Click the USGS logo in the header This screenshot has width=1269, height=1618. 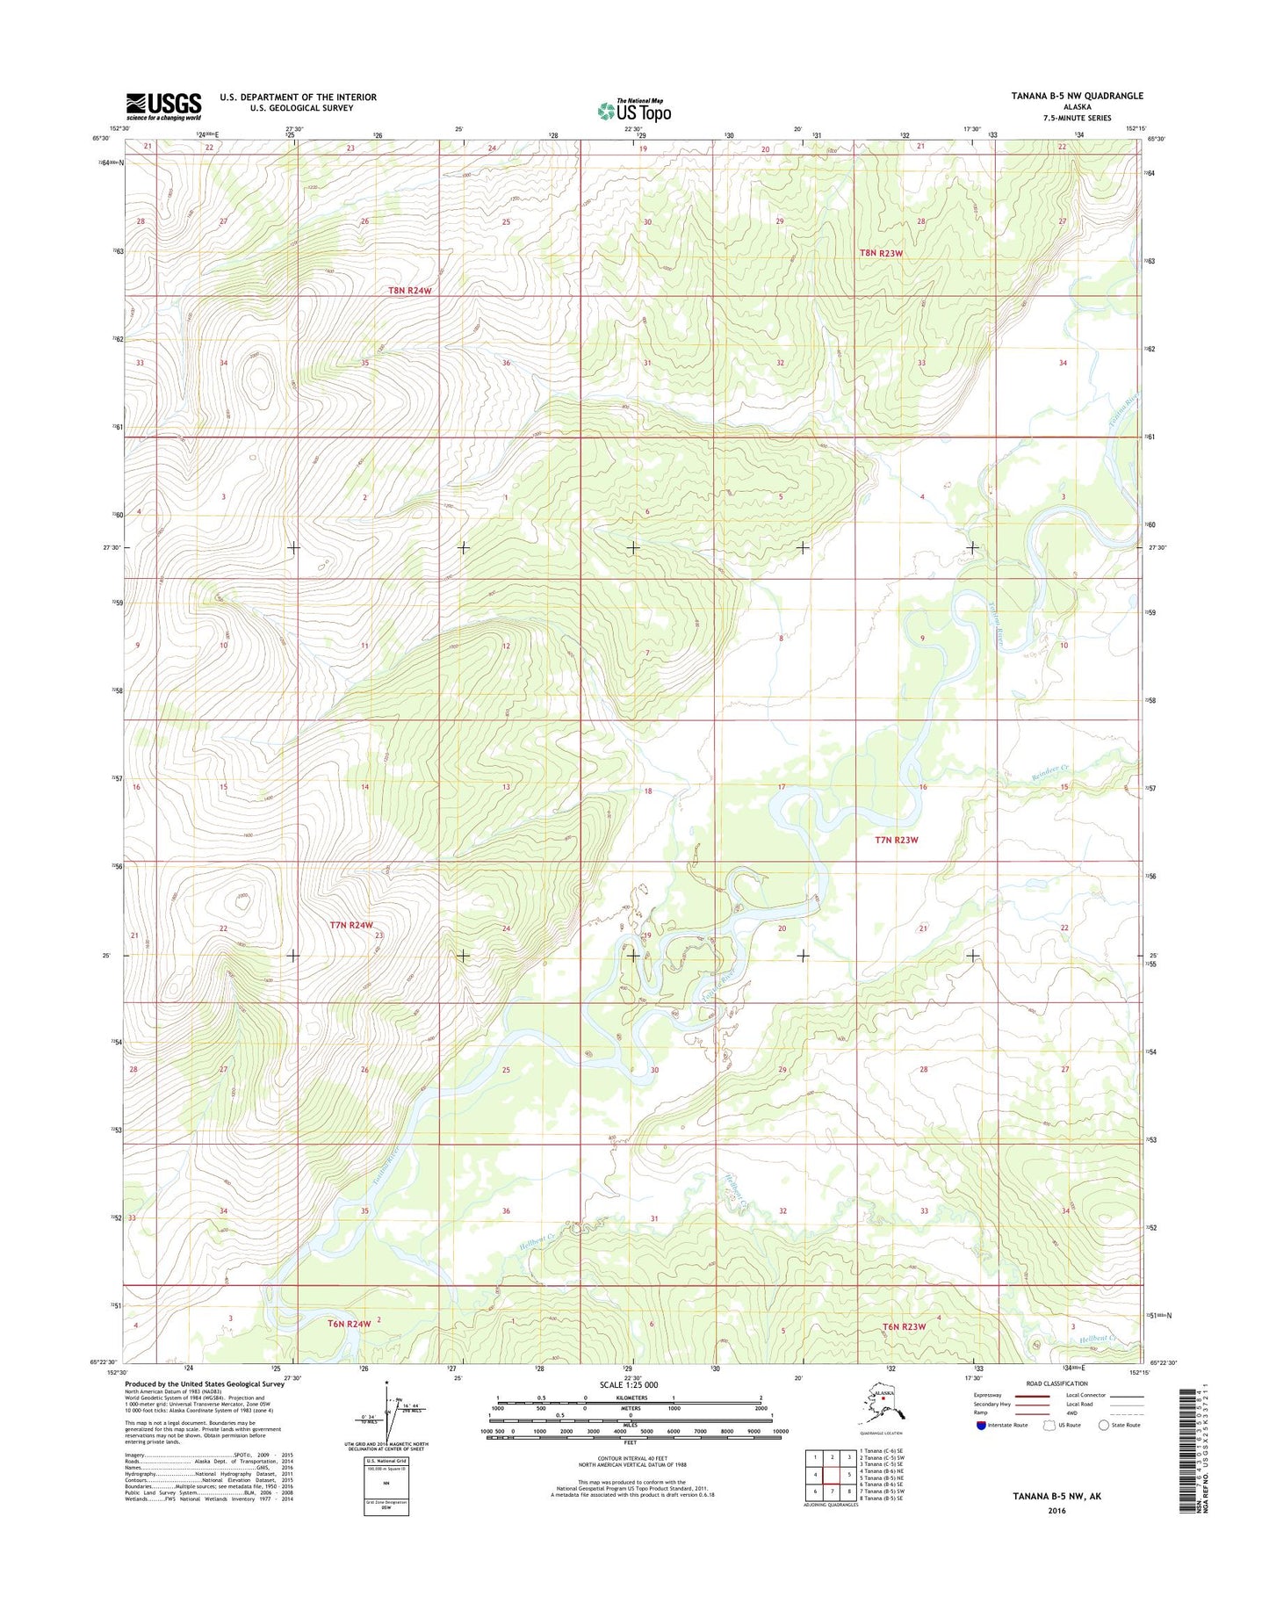[163, 106]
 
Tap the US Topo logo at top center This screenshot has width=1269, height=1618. [635, 111]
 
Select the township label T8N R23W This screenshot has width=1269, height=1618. [881, 253]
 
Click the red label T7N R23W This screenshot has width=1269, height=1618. [897, 840]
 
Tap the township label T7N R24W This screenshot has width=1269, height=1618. [351, 925]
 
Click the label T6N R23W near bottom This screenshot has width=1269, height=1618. [905, 1326]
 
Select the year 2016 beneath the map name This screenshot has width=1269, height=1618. [1056, 1511]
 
